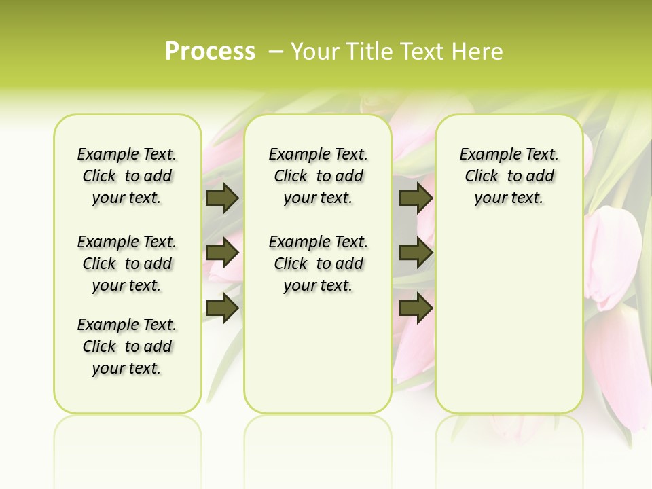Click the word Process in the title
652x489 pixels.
pyautogui.click(x=210, y=52)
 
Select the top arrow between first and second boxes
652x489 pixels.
pyautogui.click(x=221, y=198)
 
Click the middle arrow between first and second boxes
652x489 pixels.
pyautogui.click(x=221, y=253)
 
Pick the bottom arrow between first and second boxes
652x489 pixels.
pyautogui.click(x=221, y=308)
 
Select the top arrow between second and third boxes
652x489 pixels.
pyautogui.click(x=416, y=198)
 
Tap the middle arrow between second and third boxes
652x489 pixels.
pyautogui.click(x=416, y=253)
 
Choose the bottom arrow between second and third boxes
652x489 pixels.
pyautogui.click(x=416, y=308)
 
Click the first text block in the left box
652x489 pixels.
pyautogui.click(x=127, y=176)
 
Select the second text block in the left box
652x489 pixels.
pyautogui.click(x=127, y=264)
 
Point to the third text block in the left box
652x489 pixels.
pyautogui.click(x=127, y=346)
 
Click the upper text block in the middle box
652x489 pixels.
pyautogui.click(x=318, y=176)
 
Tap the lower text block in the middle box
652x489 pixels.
pyautogui.click(x=318, y=264)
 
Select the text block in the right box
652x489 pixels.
pyautogui.click(x=509, y=176)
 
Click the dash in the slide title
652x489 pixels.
pyautogui.click(x=276, y=52)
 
